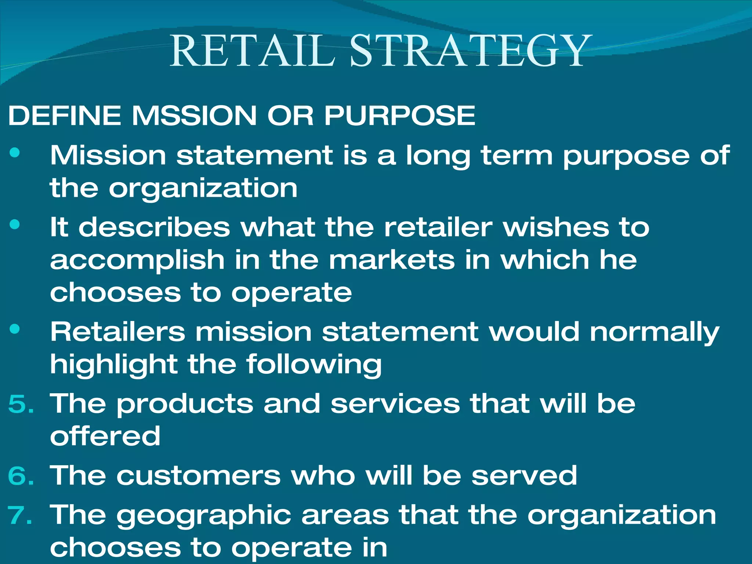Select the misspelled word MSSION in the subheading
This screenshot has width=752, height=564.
click(194, 115)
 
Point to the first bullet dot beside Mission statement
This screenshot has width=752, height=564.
click(15, 153)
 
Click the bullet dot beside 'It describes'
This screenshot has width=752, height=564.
click(15, 224)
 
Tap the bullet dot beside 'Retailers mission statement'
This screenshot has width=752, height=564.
click(15, 329)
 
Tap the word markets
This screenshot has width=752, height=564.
click(391, 260)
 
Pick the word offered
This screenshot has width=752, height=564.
click(105, 436)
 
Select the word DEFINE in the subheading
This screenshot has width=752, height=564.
click(65, 115)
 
